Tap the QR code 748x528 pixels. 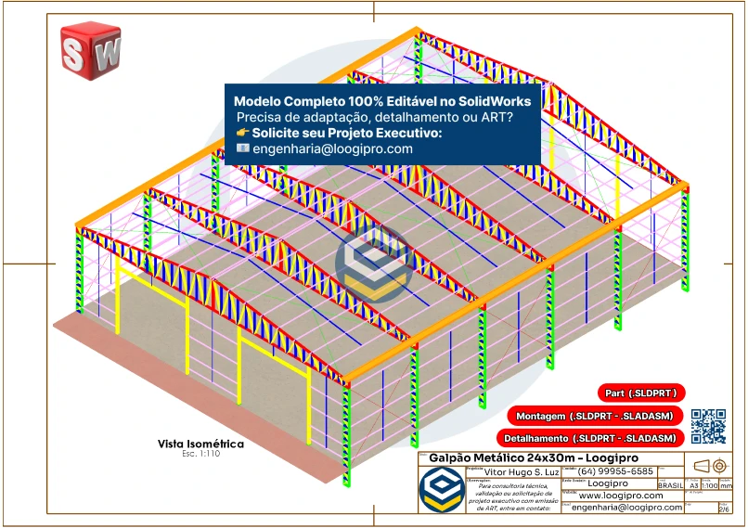point(708,426)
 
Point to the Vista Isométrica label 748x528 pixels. point(200,444)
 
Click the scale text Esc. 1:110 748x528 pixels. point(200,454)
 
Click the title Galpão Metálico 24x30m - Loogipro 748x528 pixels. point(521,458)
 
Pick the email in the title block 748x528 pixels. point(626,508)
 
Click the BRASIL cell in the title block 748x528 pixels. point(671,485)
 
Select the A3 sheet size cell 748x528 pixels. point(693,485)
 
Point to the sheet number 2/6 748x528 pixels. point(724,509)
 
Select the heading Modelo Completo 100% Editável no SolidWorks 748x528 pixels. point(382,101)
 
